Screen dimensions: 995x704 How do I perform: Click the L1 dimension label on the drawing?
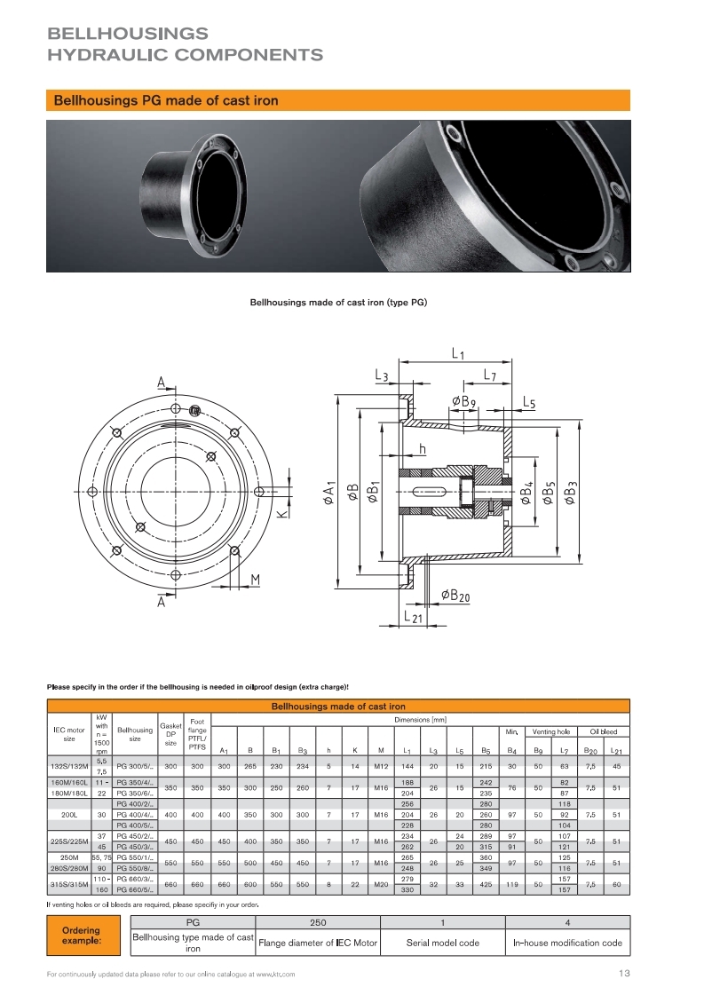(x=457, y=354)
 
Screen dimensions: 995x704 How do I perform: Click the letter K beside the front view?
(x=281, y=513)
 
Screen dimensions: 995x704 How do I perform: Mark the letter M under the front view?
(x=255, y=580)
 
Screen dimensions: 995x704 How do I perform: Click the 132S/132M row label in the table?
(x=69, y=766)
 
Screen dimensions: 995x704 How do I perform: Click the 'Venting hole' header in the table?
(x=551, y=731)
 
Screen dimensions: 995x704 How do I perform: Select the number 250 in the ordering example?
(x=318, y=922)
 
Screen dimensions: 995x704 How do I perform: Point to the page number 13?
(x=624, y=974)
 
